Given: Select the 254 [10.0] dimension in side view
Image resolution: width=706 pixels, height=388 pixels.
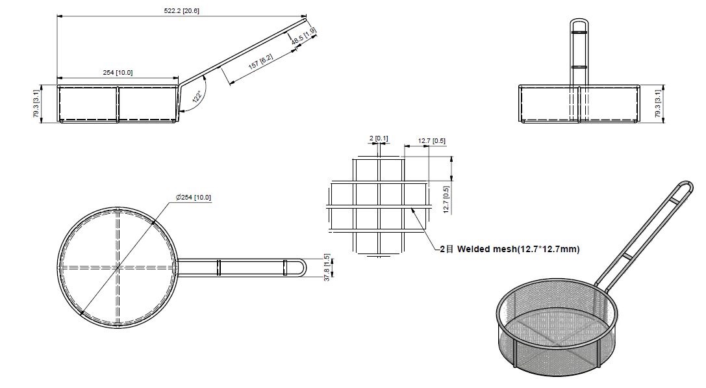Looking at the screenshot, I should point(118,72).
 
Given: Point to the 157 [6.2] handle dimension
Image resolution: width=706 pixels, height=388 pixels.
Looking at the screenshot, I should point(260,63).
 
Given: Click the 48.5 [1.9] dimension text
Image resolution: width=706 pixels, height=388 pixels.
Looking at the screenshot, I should point(304,36).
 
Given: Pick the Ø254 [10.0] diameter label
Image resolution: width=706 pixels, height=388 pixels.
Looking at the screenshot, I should point(193,197).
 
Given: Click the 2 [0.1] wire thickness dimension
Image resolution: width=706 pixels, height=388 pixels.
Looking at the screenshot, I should point(379,138).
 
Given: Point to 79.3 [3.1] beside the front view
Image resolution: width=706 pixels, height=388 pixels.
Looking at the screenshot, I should point(657,103).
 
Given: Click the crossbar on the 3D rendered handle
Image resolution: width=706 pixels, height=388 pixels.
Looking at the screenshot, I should point(627,257).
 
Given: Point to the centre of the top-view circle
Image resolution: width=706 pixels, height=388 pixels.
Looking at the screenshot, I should point(118,267).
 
